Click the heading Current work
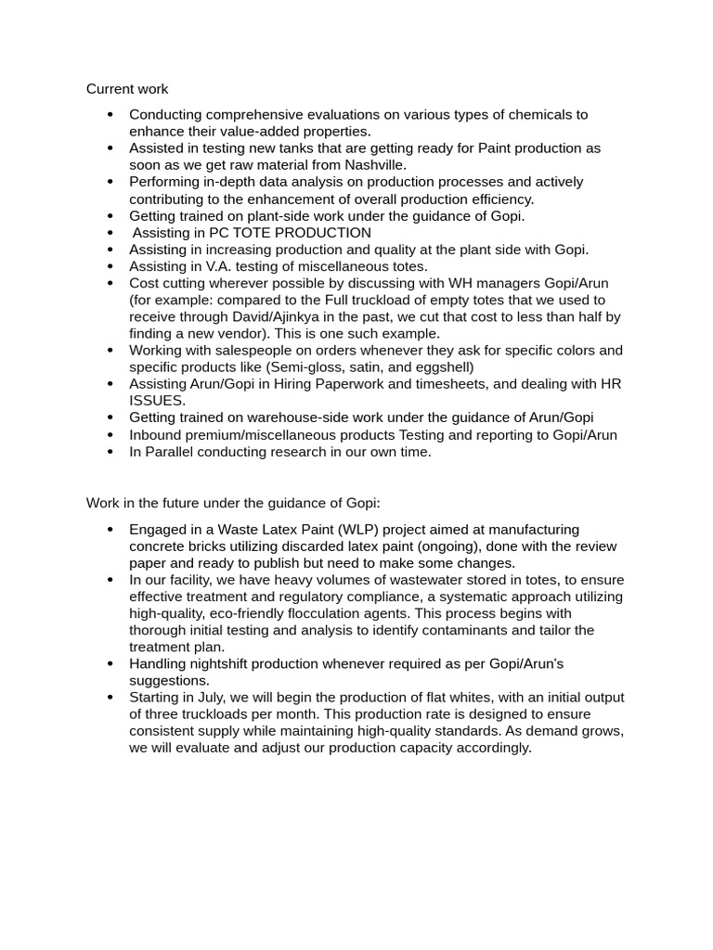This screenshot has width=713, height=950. (x=127, y=89)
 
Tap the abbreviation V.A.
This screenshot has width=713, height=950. (x=228, y=266)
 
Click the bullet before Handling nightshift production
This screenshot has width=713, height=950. (x=110, y=664)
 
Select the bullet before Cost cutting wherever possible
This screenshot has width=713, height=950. (x=110, y=283)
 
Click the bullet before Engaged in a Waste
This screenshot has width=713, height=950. (x=110, y=530)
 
